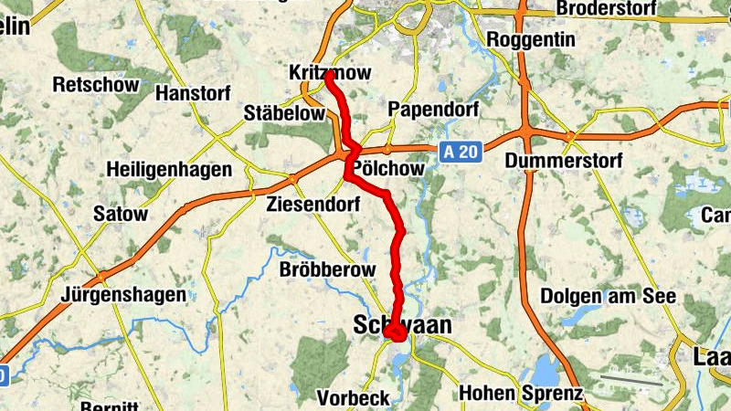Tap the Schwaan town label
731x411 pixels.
click(x=402, y=325)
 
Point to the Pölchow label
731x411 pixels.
click(x=388, y=169)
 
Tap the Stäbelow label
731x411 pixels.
click(x=285, y=113)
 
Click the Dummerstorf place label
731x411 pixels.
click(x=564, y=162)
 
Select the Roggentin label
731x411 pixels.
click(x=531, y=40)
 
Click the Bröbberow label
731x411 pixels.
click(x=327, y=270)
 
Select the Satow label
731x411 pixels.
click(x=121, y=215)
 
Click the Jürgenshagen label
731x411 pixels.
click(x=123, y=295)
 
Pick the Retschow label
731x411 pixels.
click(x=96, y=85)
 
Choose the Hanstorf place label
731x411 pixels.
click(x=195, y=93)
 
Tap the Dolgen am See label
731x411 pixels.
click(x=608, y=296)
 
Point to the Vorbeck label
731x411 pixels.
click(x=353, y=398)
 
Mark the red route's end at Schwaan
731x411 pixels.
click(x=397, y=334)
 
